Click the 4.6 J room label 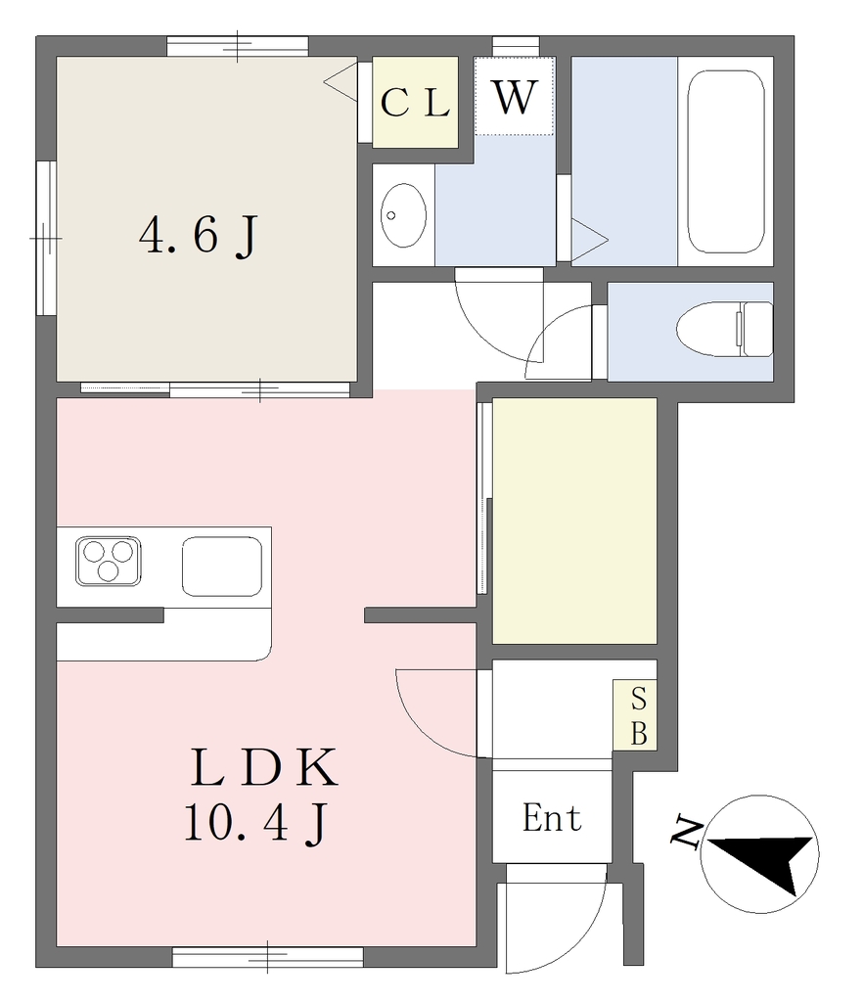click(199, 236)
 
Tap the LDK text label click(264, 766)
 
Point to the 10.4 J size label click(256, 823)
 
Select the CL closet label click(415, 102)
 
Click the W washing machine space click(515, 96)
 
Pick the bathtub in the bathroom click(726, 161)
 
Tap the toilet click(724, 329)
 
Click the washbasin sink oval click(404, 215)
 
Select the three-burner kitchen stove click(108, 562)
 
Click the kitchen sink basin click(222, 567)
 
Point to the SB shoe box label click(639, 715)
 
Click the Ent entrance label click(552, 818)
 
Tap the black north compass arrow click(762, 859)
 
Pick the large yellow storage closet click(574, 521)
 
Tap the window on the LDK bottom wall click(268, 957)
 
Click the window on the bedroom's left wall click(46, 238)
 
